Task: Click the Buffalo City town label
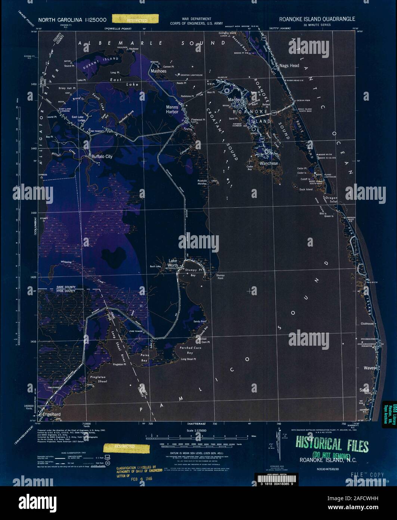[x=102, y=157]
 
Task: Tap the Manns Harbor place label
[x=174, y=109]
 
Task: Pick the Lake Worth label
[x=173, y=263]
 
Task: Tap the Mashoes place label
[x=158, y=71]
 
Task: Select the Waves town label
[x=369, y=368]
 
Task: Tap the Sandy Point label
[x=200, y=321]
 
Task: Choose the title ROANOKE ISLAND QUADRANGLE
[x=317, y=19]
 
